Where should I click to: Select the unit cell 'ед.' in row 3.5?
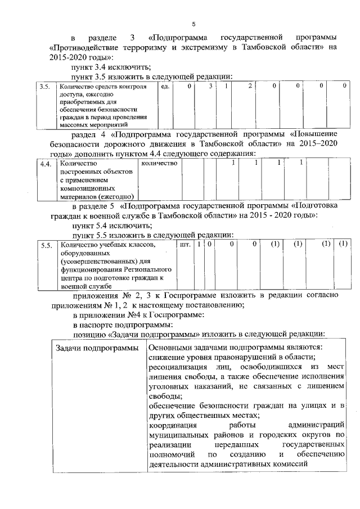(x=164, y=87)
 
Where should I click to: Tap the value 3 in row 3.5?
(x=210, y=87)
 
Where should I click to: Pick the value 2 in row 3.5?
(x=249, y=87)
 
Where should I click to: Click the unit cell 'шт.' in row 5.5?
(x=184, y=245)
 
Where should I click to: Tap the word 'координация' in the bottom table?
(x=172, y=425)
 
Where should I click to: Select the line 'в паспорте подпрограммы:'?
(x=114, y=325)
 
